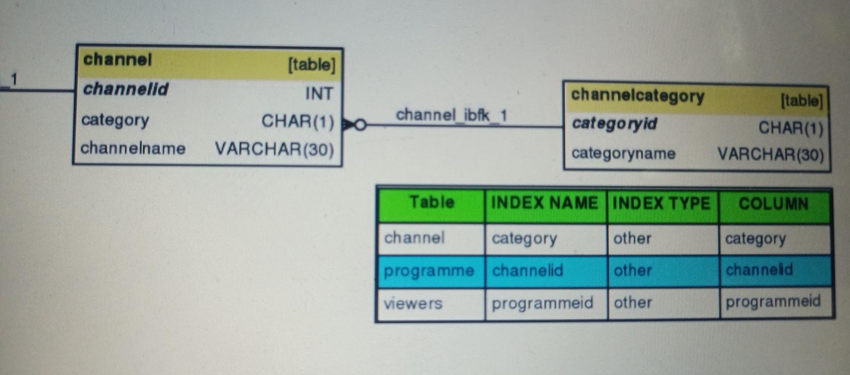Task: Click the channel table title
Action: pyautogui.click(x=117, y=59)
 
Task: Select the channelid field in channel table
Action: pyautogui.click(x=125, y=89)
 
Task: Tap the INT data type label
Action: pyautogui.click(x=319, y=93)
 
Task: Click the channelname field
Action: pyautogui.click(x=133, y=148)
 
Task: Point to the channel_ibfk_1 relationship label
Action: pyautogui.click(x=451, y=115)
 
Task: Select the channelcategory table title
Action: pyautogui.click(x=637, y=95)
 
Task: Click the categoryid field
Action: pyautogui.click(x=614, y=123)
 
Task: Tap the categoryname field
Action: pyautogui.click(x=623, y=153)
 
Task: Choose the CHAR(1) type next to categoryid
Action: pyautogui.click(x=791, y=128)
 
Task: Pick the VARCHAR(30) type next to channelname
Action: pyautogui.click(x=274, y=149)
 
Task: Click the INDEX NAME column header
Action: pyautogui.click(x=544, y=203)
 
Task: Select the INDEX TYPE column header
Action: pyautogui.click(x=661, y=204)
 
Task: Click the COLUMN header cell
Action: pyautogui.click(x=773, y=204)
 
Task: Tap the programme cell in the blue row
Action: pyautogui.click(x=429, y=271)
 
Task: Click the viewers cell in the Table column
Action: pyautogui.click(x=413, y=303)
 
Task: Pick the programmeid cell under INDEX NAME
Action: pyautogui.click(x=542, y=303)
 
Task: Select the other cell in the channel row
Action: pyautogui.click(x=632, y=238)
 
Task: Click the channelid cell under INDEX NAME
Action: pyautogui.click(x=527, y=270)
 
